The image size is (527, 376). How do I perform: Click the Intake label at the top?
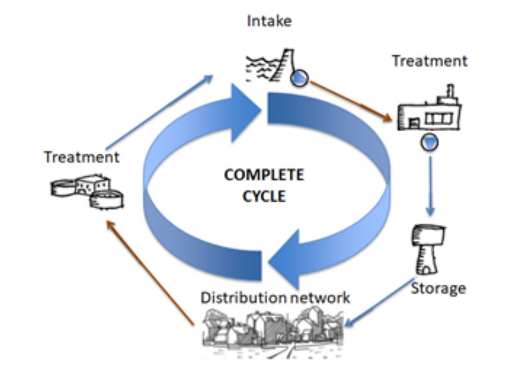269,21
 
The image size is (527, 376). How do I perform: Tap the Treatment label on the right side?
429,61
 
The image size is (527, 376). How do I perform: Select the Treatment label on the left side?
82,157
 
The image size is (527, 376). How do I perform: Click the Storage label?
438,288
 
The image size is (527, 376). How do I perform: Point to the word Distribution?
243,297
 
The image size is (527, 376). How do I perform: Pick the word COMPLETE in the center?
264,175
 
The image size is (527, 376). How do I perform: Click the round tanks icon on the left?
88,191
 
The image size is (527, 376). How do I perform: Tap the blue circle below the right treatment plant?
430,141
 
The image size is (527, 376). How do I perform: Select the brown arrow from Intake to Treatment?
350,100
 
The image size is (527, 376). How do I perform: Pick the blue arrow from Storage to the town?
379,303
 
